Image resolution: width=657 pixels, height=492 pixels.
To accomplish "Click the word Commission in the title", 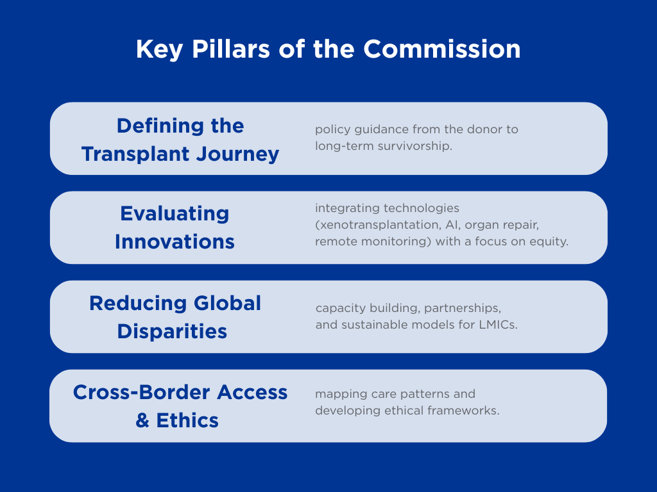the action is (x=441, y=49).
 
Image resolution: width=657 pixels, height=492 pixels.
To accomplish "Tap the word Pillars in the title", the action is (x=231, y=49).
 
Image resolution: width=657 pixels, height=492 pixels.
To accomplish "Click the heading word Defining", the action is (x=161, y=126).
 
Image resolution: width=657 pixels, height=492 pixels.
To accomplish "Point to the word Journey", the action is (x=237, y=154).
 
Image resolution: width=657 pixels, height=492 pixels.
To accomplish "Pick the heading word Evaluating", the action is (x=175, y=214).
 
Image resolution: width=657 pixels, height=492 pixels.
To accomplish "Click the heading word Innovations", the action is (x=175, y=242).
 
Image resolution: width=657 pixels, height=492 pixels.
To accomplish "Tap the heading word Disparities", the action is (x=172, y=332).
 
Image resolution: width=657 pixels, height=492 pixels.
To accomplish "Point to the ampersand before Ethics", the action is (x=142, y=420).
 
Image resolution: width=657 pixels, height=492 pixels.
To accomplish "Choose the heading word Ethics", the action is (x=187, y=420).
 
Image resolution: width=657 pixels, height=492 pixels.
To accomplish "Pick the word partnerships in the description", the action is (x=463, y=308).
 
